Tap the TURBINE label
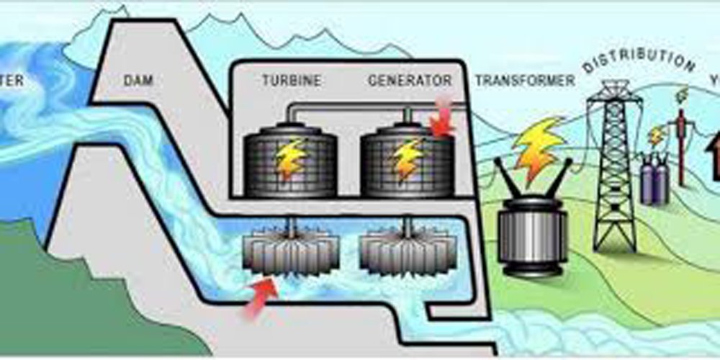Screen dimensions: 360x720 (x=291, y=81)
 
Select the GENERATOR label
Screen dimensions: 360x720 (x=410, y=80)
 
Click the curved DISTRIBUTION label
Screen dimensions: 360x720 (x=639, y=61)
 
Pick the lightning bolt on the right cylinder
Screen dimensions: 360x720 (x=408, y=159)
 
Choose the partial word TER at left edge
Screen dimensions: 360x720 (x=10, y=81)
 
